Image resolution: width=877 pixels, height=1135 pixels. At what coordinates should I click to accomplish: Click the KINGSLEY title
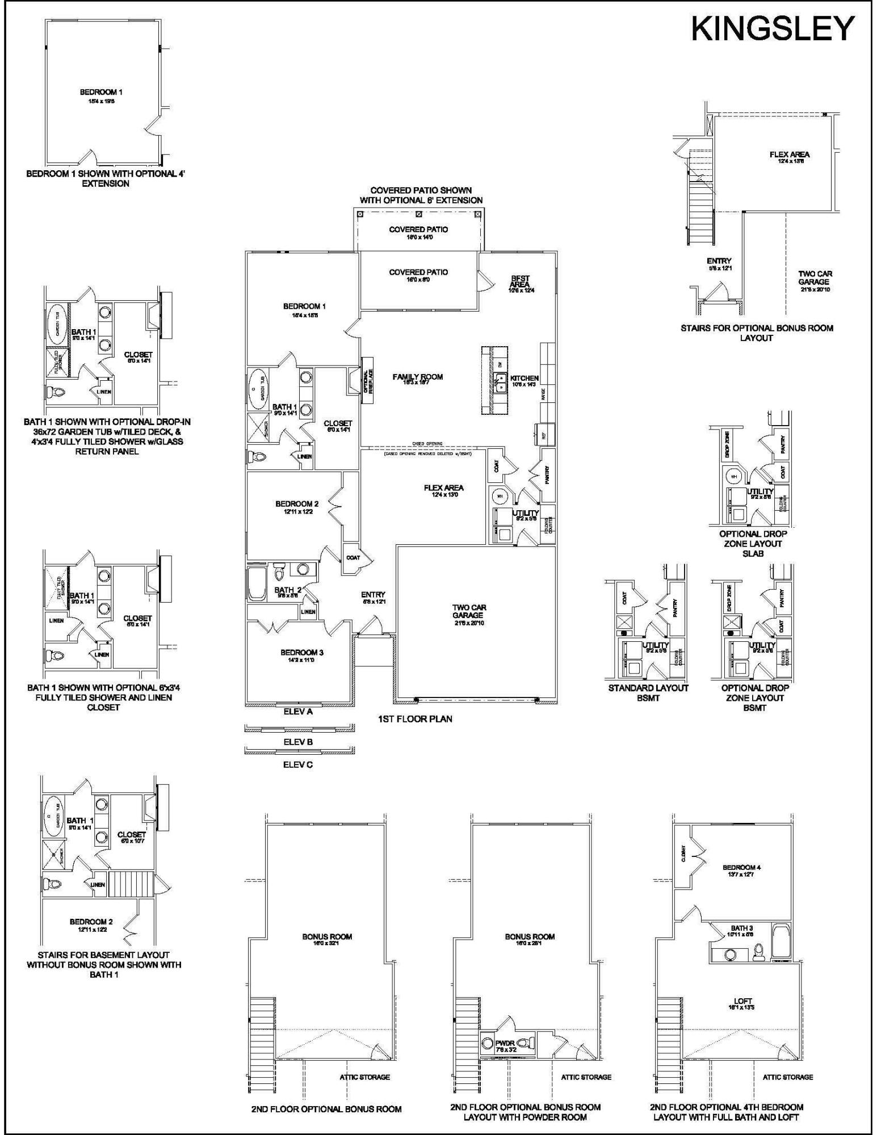tap(773, 28)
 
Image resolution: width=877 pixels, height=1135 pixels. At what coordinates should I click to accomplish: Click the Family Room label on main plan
tap(418, 377)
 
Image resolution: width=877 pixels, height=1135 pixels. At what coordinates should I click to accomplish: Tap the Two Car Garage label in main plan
tap(469, 611)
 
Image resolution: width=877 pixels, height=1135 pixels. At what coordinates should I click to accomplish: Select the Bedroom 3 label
tap(301, 653)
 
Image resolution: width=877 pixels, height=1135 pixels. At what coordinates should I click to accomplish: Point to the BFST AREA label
tap(520, 281)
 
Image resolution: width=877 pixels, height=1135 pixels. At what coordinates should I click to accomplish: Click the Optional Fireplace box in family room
tap(367, 380)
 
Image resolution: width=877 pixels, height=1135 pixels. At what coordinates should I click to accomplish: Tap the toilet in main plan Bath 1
tap(258, 456)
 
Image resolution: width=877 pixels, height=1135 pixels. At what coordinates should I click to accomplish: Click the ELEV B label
tap(298, 742)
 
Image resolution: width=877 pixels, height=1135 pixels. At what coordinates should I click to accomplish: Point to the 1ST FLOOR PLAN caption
tap(415, 719)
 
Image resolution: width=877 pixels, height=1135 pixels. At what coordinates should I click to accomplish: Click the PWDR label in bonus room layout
tap(505, 1042)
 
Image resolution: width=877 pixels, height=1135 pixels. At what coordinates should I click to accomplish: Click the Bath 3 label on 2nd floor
tap(741, 928)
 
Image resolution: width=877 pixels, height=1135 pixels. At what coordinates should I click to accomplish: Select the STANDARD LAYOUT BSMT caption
tap(648, 693)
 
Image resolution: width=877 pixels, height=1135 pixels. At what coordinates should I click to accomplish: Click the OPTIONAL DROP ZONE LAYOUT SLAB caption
tap(753, 543)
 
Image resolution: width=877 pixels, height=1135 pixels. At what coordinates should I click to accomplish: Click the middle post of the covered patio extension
tap(419, 215)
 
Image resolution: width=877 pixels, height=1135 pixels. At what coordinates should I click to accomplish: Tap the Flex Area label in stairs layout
tap(789, 154)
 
